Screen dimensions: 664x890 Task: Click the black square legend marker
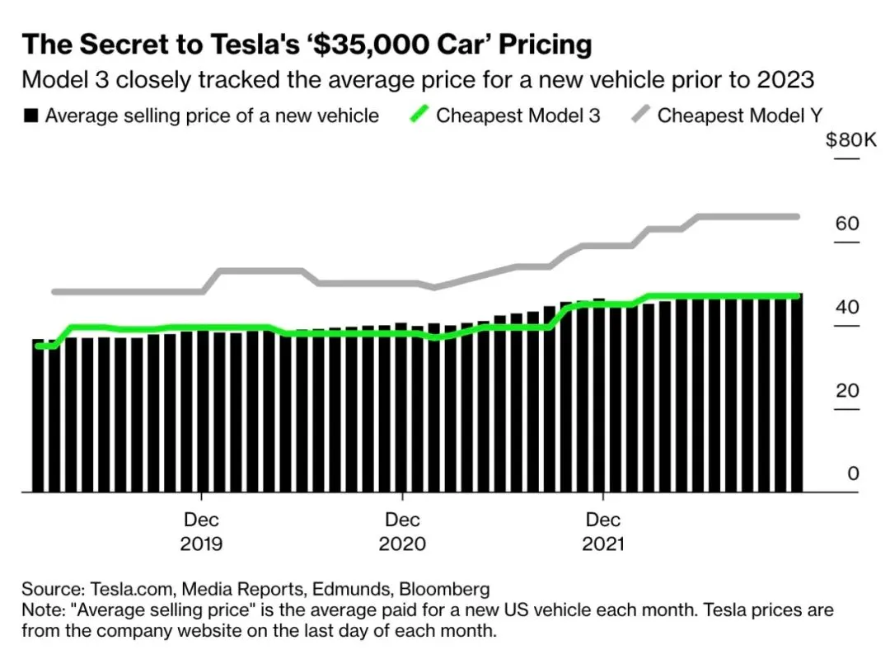pos(30,115)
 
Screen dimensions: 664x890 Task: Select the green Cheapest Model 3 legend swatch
pos(418,115)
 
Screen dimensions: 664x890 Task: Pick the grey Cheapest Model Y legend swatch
pos(639,115)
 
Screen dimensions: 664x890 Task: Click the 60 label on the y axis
pos(847,224)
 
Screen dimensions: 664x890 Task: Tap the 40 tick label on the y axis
pos(847,308)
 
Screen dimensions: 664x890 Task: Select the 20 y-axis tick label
pos(847,391)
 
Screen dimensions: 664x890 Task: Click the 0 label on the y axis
pos(853,474)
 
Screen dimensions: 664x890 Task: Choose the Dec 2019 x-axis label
pos(202,532)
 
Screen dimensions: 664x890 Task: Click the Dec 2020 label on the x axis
pos(402,532)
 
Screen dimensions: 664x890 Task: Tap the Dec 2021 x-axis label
pos(603,532)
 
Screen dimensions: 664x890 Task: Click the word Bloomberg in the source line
pos(444,590)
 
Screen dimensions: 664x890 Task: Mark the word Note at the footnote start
pos(39,611)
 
